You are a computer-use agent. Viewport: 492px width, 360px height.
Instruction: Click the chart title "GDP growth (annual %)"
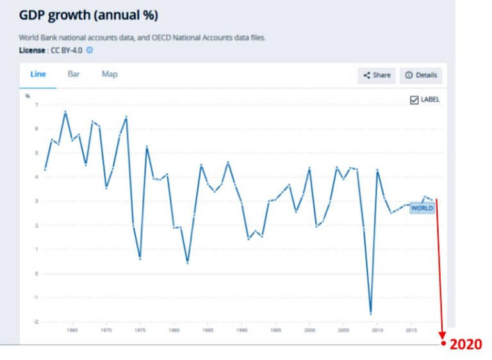pyautogui.click(x=88, y=15)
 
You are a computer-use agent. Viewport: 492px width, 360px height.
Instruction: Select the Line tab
pyautogui.click(x=38, y=74)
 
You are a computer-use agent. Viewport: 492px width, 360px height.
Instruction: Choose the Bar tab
pyautogui.click(x=74, y=74)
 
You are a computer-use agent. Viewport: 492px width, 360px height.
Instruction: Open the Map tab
pyautogui.click(x=110, y=74)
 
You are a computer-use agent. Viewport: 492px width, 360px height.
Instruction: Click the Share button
pyautogui.click(x=377, y=75)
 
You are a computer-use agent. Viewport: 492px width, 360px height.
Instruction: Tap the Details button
pyautogui.click(x=421, y=75)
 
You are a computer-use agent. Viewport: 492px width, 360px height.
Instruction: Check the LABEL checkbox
pyautogui.click(x=414, y=99)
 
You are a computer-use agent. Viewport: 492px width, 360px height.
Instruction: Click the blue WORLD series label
pyautogui.click(x=422, y=208)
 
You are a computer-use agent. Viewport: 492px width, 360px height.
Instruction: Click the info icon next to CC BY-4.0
pyautogui.click(x=90, y=49)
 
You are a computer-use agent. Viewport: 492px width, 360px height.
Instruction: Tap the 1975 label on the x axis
pyautogui.click(x=140, y=331)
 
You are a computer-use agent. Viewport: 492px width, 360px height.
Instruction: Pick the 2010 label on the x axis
pyautogui.click(x=377, y=331)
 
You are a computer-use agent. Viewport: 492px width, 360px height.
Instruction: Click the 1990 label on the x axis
pyautogui.click(x=242, y=331)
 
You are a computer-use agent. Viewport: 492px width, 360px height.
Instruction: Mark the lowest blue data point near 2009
pyautogui.click(x=371, y=313)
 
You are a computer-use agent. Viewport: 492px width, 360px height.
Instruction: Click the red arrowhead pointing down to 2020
pyautogui.click(x=441, y=332)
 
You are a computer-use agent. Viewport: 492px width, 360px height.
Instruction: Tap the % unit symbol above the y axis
pyautogui.click(x=28, y=95)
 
